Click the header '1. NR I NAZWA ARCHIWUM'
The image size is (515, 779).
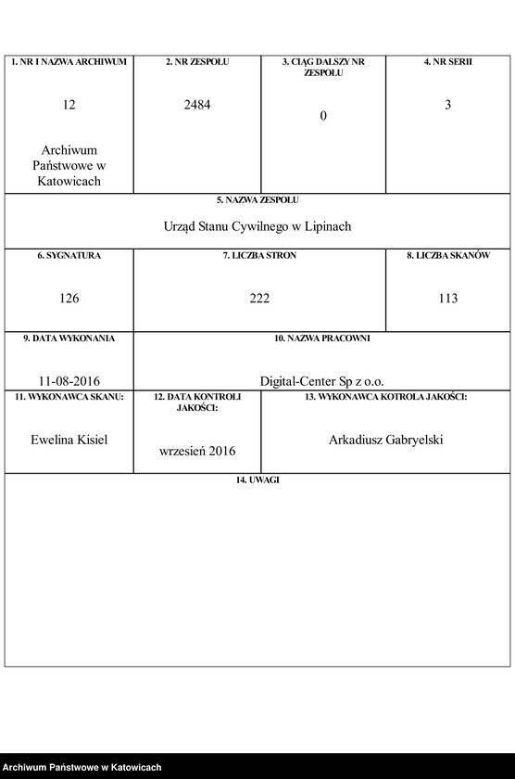(69, 61)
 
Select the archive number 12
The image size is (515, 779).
(69, 105)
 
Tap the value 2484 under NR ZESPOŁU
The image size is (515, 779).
(197, 105)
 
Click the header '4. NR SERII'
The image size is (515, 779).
(447, 61)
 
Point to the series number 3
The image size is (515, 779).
(447, 105)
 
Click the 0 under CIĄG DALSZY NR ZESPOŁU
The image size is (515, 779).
(323, 116)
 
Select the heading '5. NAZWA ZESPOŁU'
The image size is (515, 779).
(257, 199)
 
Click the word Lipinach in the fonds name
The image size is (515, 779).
(328, 226)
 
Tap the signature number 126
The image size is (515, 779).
(69, 299)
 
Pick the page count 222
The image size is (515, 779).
(259, 299)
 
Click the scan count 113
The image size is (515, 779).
(447, 299)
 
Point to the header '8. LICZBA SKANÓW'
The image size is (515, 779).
(447, 255)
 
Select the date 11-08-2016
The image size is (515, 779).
(69, 380)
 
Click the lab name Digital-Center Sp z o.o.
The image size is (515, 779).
(321, 380)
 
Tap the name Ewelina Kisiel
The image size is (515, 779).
(69, 440)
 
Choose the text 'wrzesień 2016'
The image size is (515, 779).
(197, 451)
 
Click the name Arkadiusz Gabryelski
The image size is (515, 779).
(385, 440)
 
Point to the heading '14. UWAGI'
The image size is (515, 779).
(257, 479)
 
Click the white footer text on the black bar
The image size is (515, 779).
(82, 768)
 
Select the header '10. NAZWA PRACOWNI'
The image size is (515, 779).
(321, 338)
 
